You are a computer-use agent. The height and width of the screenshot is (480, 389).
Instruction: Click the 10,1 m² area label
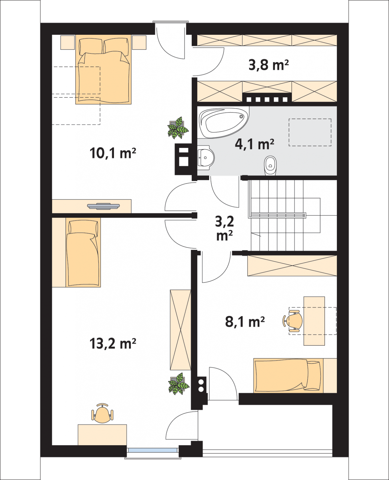[113, 153]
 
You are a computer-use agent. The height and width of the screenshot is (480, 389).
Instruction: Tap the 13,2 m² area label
[113, 343]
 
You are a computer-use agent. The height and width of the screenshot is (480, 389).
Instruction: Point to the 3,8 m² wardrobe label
[268, 65]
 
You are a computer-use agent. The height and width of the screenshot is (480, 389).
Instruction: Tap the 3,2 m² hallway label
[224, 228]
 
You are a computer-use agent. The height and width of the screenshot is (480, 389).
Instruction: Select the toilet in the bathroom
[270, 165]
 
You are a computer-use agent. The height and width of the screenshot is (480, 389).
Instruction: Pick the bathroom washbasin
[206, 158]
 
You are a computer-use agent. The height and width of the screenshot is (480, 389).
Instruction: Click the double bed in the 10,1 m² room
[103, 69]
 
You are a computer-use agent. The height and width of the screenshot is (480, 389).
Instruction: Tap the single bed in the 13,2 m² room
[83, 252]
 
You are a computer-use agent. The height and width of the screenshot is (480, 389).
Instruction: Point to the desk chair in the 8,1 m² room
[293, 321]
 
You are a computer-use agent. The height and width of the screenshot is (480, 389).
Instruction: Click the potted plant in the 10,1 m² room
[178, 128]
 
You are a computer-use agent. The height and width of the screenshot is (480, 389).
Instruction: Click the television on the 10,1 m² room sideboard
[103, 206]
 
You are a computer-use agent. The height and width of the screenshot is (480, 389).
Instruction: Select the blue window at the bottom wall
[153, 450]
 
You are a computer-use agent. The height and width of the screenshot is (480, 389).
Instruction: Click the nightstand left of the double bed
[67, 42]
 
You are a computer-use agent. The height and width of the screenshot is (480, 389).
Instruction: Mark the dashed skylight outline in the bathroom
[310, 132]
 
